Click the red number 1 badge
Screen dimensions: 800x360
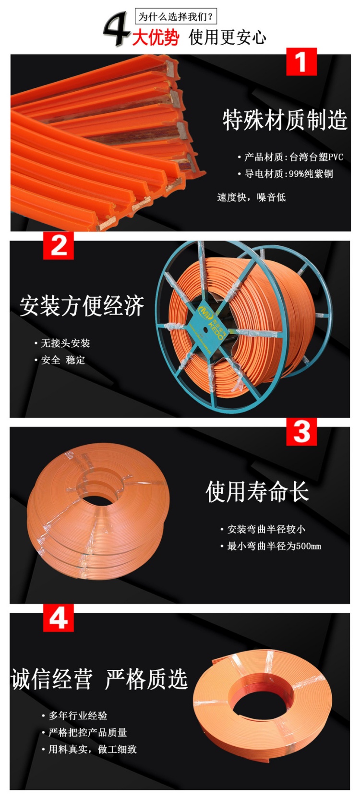pos(301,62)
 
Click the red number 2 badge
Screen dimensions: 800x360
pos(59,245)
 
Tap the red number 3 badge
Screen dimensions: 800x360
pos(301,431)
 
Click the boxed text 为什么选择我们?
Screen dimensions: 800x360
pos(176,17)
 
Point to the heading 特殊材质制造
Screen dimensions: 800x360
pos(285,120)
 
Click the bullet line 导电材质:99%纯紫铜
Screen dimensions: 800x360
pos(288,174)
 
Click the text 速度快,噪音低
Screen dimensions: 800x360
pos(251,197)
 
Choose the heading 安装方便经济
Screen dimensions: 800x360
pos(82,306)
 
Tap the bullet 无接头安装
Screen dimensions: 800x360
pos(65,343)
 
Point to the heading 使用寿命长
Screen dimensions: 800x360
pos(257,492)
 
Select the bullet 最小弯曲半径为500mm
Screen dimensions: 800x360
pos(274,546)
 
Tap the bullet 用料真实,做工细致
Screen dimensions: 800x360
pos(92,749)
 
